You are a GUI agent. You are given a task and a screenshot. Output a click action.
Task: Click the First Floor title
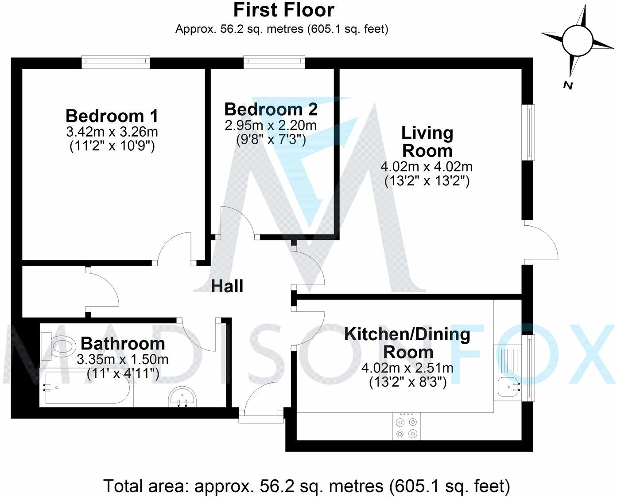coord(283,10)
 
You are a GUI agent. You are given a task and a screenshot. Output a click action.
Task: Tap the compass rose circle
coord(577,40)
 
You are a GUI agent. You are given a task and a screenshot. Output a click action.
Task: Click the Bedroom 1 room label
coord(112,116)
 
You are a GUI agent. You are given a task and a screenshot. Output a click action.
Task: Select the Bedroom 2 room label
coord(271,109)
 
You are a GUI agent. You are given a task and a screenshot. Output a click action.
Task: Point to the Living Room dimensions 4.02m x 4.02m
coord(427,167)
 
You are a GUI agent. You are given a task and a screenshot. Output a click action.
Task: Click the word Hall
coord(227,286)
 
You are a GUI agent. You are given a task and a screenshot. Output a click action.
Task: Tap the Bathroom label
coord(123,344)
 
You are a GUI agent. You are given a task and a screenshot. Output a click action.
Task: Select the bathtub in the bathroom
coord(86,388)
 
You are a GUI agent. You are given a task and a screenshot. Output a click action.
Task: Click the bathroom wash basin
coord(183,396)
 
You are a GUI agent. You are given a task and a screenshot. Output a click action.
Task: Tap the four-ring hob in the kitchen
coord(406,427)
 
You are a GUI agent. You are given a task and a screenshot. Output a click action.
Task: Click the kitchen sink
coord(508,387)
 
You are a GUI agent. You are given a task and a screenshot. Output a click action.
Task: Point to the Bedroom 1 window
coord(116,63)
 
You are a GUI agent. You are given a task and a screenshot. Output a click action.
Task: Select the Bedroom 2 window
coord(274,63)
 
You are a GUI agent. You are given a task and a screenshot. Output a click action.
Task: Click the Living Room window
coord(528,132)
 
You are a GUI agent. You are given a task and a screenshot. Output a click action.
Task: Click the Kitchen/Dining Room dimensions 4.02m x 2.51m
coord(407,368)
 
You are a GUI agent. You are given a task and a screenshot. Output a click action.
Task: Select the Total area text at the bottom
coord(307,486)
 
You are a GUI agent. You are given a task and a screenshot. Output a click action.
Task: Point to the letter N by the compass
coord(568,85)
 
